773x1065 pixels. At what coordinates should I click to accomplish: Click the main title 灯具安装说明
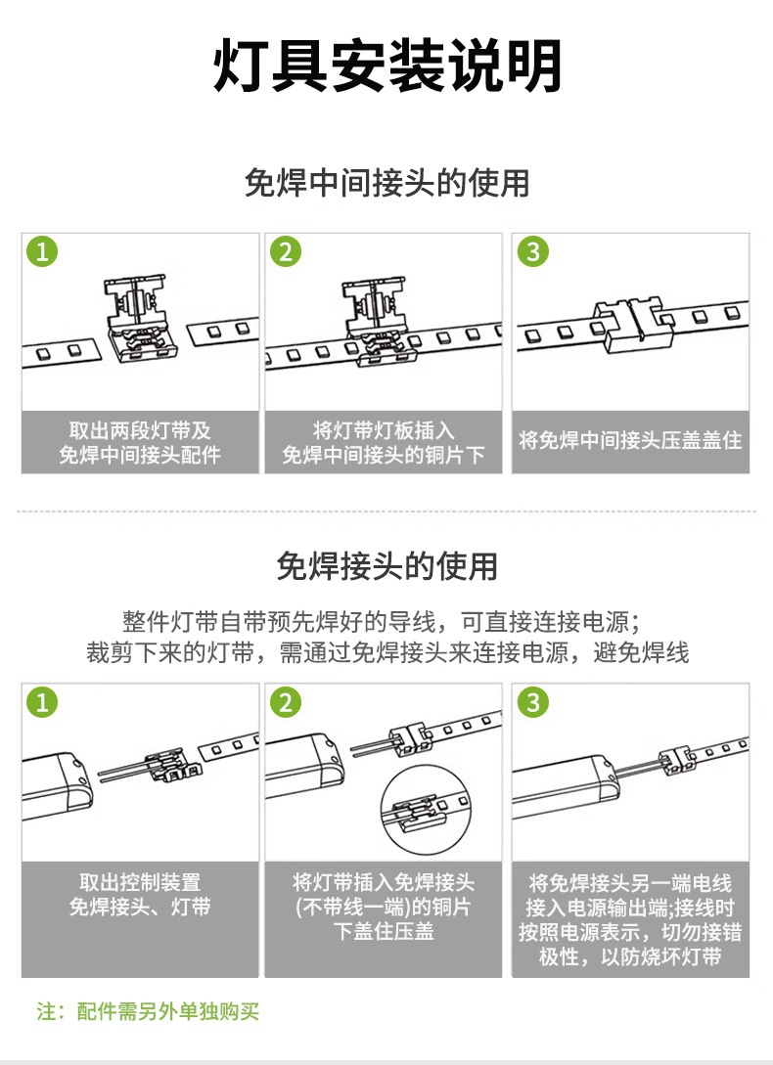(386, 67)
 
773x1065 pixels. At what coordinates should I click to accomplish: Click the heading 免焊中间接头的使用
(386, 183)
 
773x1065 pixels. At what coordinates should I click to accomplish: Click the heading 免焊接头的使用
(386, 565)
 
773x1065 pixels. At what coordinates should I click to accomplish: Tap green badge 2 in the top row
(285, 251)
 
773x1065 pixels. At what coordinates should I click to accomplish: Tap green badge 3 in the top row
(532, 251)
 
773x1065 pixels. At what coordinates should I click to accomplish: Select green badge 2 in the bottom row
(285, 702)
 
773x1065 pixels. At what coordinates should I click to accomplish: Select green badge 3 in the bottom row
(532, 702)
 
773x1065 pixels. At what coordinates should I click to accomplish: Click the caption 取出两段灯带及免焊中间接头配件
(140, 442)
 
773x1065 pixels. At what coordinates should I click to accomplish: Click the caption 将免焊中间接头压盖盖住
(630, 441)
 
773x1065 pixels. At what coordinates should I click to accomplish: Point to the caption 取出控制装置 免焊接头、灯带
(140, 895)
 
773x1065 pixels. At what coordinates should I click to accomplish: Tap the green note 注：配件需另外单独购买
(148, 1011)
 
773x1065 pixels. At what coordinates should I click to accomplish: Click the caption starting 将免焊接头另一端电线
(630, 919)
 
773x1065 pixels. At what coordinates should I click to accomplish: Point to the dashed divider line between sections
(386, 510)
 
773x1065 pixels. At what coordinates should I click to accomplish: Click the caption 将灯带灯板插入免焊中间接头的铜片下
(384, 442)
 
